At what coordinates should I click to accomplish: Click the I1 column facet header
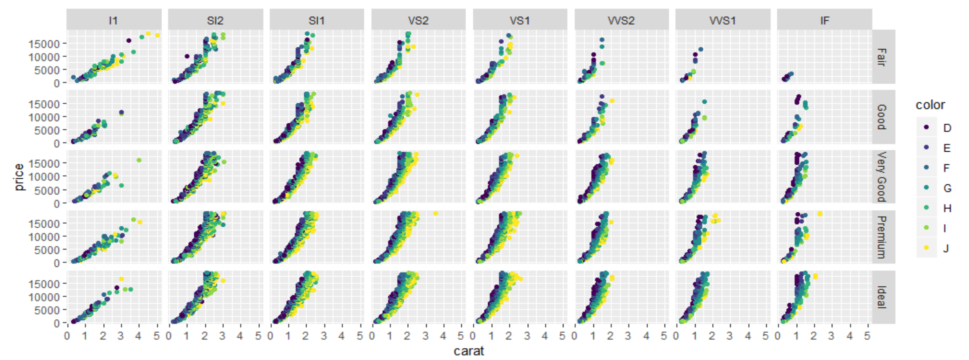[x=114, y=20]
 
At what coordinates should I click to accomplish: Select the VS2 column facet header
[x=418, y=20]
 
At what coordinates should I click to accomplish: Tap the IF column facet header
[x=824, y=20]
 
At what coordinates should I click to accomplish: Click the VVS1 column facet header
[x=722, y=20]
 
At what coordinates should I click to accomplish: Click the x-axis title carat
[x=469, y=351]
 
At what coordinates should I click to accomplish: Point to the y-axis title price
[x=19, y=176]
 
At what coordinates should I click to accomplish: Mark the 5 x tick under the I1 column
[x=156, y=335]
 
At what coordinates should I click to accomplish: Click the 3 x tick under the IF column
[x=831, y=335]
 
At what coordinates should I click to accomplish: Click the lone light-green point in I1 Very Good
[x=139, y=160]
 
